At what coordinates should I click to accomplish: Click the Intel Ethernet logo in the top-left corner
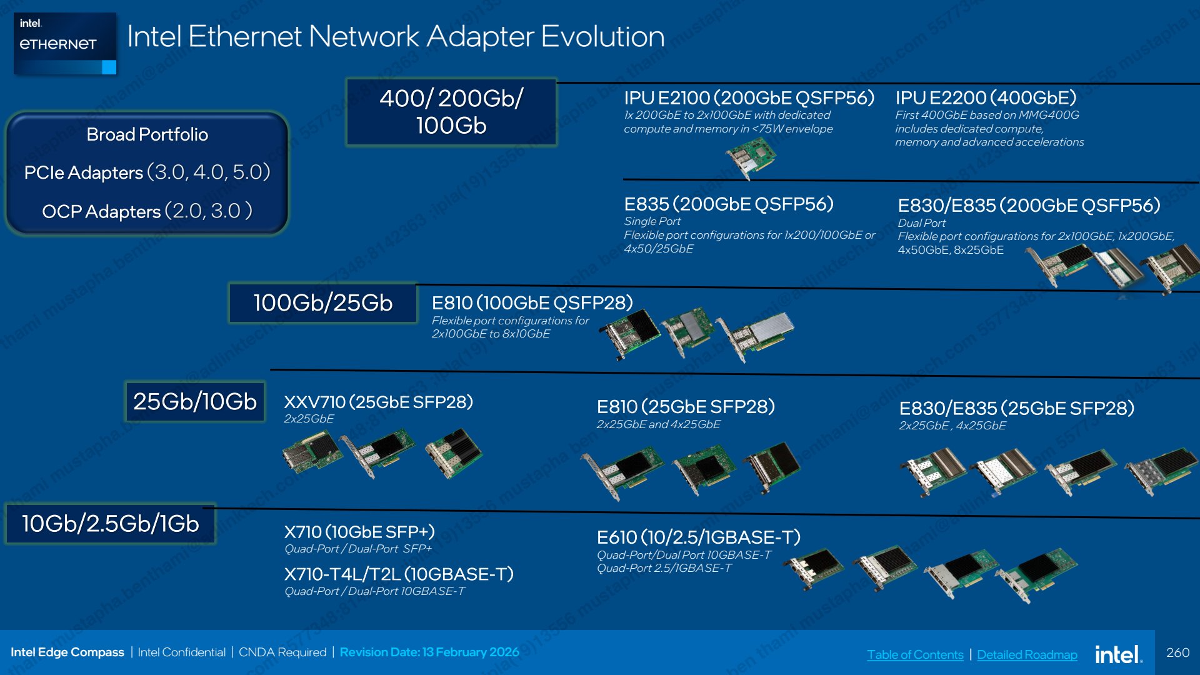click(x=65, y=44)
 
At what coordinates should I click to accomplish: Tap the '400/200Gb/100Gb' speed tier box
click(x=451, y=112)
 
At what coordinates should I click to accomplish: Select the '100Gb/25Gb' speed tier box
click(x=322, y=303)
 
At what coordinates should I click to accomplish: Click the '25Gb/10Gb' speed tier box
click(x=195, y=401)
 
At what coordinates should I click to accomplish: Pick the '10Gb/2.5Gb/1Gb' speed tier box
click(x=111, y=524)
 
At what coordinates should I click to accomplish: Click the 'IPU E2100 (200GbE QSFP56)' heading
click(x=749, y=98)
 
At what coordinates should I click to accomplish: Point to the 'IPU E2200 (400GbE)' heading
click(x=986, y=98)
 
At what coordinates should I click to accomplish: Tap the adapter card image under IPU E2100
click(x=751, y=157)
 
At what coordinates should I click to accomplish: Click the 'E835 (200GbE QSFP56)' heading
click(x=729, y=204)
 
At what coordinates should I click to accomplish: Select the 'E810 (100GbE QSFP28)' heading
click(x=532, y=303)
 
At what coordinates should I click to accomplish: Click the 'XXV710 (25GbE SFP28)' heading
click(x=378, y=402)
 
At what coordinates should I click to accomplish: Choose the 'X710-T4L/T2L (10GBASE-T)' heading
click(x=399, y=574)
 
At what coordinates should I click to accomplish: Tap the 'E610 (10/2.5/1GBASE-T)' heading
click(x=699, y=537)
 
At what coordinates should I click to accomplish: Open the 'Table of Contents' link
click(x=915, y=654)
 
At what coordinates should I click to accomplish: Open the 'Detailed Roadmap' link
click(x=1027, y=654)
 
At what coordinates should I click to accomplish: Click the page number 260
click(x=1177, y=652)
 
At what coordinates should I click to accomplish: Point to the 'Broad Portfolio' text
click(x=147, y=134)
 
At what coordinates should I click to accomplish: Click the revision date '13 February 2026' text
click(x=471, y=652)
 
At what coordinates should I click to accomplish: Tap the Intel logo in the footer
click(x=1118, y=654)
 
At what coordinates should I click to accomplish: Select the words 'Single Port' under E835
click(x=652, y=221)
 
